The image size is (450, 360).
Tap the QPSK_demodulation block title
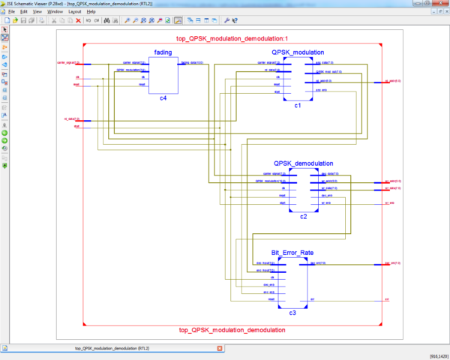303,163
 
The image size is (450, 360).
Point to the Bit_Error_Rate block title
292,253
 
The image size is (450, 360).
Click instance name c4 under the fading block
163,99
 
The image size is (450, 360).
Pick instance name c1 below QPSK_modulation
297,106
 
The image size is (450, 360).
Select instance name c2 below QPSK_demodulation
303,216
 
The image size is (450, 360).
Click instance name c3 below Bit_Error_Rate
292,312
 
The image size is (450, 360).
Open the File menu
11,12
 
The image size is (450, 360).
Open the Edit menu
24,12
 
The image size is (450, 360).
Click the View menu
37,12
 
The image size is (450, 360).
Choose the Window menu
55,12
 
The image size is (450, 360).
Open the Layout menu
75,12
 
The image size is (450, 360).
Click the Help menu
91,12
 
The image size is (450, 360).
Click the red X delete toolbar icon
77,21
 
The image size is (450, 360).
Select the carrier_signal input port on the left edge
68,63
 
